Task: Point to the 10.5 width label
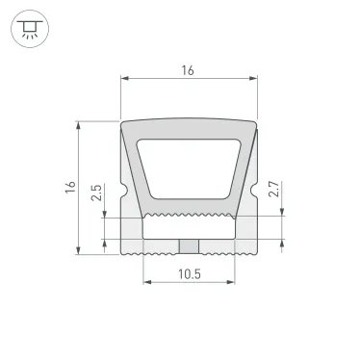point(189,274)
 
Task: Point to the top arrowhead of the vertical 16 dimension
point(79,124)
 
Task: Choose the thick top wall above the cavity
point(189,129)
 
